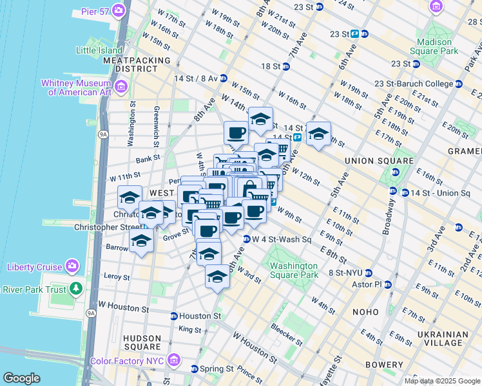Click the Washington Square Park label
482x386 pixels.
click(294, 270)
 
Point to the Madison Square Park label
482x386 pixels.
click(438, 46)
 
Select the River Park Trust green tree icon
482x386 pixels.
click(77, 288)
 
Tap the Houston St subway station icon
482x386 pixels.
click(173, 316)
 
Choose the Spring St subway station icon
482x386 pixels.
click(195, 369)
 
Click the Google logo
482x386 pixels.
click(21, 378)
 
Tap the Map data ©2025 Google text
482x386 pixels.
click(441, 381)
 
